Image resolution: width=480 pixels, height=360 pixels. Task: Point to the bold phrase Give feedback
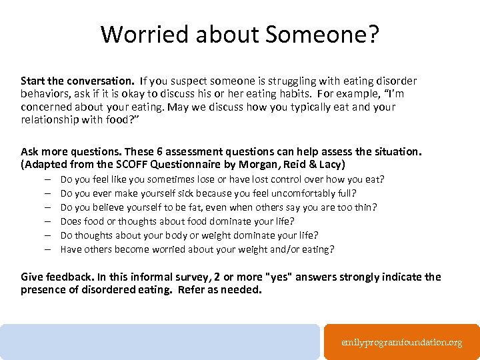(55, 277)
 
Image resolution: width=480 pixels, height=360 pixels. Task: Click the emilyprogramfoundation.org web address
(401, 342)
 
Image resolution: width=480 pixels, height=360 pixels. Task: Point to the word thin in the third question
(364, 207)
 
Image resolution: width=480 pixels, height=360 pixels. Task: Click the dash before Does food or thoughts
(49, 221)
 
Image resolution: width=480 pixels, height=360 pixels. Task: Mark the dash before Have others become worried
(49, 249)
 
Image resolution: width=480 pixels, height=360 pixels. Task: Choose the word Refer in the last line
(192, 290)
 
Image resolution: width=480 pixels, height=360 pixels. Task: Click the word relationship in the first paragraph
(48, 119)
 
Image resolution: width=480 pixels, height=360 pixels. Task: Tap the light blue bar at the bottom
(160, 342)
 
